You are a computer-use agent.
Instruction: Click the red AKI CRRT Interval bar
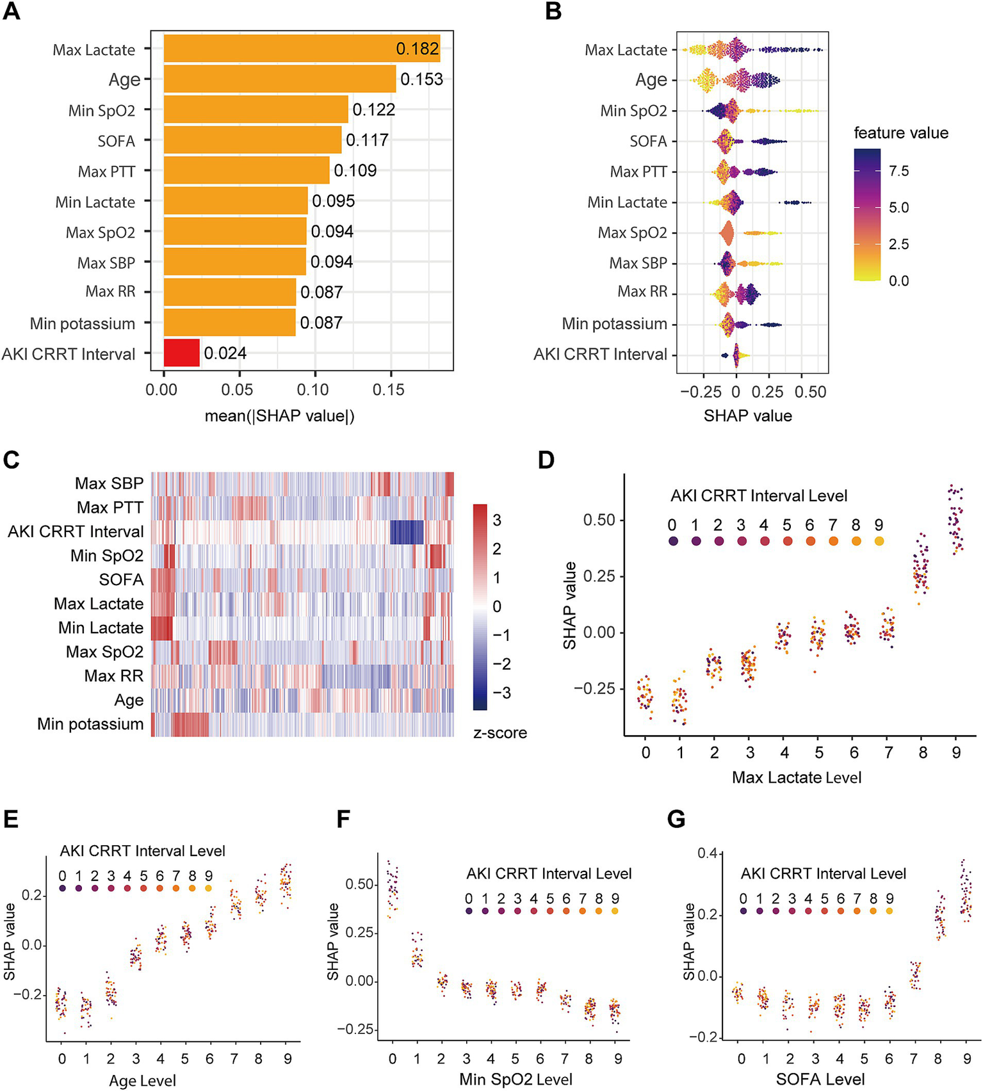tap(182, 353)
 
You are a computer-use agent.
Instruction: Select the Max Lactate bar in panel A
tap(302, 49)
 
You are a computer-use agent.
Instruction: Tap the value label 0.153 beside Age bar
tap(421, 79)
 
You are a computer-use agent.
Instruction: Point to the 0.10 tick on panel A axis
tap(313, 390)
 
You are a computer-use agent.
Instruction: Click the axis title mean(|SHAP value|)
tap(279, 416)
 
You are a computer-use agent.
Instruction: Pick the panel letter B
tap(553, 12)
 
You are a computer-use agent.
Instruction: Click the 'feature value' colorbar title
tap(900, 133)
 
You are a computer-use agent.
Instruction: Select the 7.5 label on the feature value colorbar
tap(898, 171)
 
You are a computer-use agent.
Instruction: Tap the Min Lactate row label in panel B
tap(627, 202)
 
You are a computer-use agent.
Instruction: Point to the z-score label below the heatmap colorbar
tap(500, 733)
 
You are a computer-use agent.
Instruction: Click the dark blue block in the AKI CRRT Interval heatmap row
tap(407, 532)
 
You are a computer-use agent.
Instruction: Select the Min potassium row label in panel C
tap(90, 724)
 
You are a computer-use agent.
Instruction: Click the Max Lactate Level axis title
tap(796, 777)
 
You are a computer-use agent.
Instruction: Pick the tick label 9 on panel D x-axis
tap(956, 753)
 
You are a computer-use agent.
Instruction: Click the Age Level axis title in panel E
tap(142, 1081)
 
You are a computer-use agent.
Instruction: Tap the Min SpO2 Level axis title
tap(516, 1079)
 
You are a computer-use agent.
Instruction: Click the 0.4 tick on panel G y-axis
tap(707, 853)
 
